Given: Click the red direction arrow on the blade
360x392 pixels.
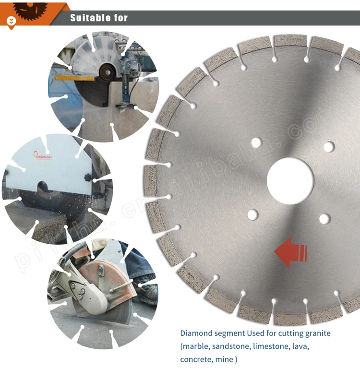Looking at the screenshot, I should click(x=290, y=252).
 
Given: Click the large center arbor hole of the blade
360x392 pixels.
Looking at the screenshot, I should click(x=290, y=181).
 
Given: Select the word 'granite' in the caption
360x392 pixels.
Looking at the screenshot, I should click(x=316, y=333).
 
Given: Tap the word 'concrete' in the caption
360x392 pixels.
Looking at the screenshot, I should click(x=195, y=359).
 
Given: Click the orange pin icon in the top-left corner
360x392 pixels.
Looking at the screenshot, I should click(x=12, y=21).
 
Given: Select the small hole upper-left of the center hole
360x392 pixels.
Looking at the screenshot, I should click(x=256, y=143).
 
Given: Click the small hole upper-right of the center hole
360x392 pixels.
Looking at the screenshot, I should click(x=329, y=147).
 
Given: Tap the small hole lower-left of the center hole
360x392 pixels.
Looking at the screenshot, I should click(x=252, y=215).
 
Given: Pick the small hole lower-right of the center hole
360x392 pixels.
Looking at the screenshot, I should click(x=325, y=219).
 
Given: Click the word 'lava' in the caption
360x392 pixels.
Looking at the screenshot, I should click(x=300, y=346).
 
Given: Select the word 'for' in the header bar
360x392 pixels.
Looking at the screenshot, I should click(x=120, y=18).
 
